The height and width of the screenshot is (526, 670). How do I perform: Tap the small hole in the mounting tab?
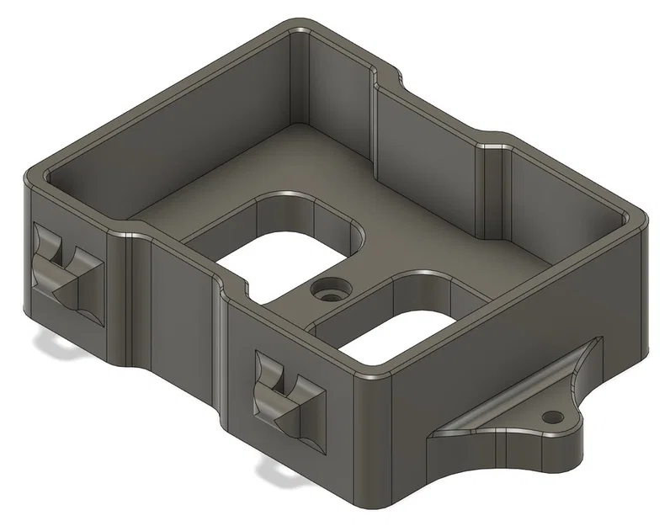coord(553,416)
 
